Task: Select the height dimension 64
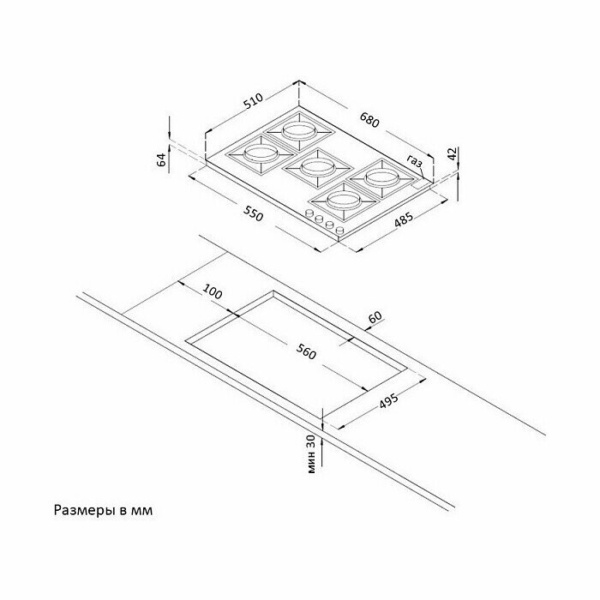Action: (160, 159)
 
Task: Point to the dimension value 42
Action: (453, 155)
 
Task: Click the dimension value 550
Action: (254, 213)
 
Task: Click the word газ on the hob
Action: (416, 160)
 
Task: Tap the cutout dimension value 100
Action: (213, 292)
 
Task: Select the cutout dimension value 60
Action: (374, 319)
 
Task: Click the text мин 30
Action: (313, 453)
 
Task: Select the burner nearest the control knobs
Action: (345, 201)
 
